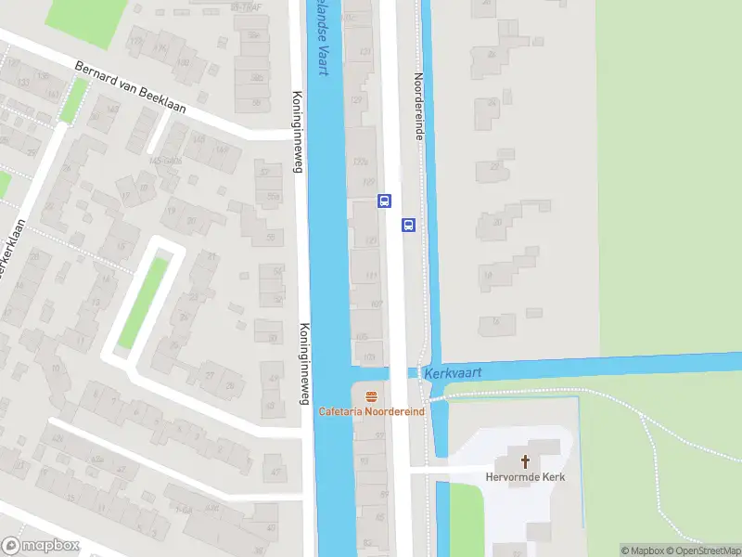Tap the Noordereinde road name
(418, 108)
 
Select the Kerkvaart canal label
(453, 372)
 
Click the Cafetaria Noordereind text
(372, 411)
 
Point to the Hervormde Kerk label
(525, 477)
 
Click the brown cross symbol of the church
(525, 460)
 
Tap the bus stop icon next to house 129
(384, 200)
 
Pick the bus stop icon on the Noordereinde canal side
(408, 225)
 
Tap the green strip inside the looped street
(145, 303)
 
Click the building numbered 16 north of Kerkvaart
(497, 324)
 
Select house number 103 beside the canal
(369, 356)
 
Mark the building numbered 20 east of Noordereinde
(499, 222)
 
